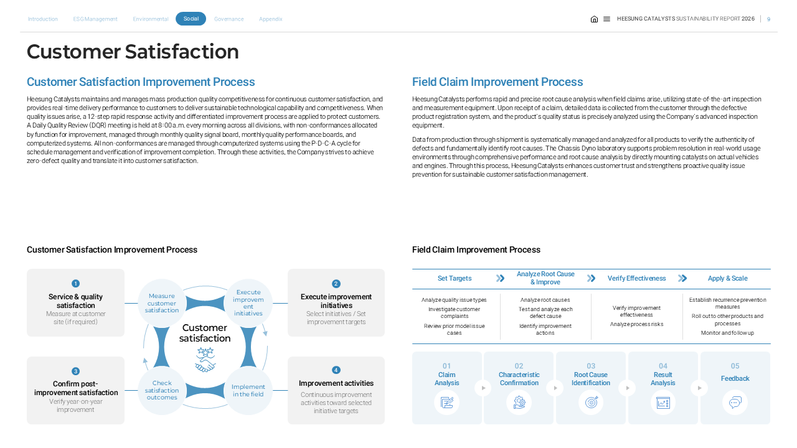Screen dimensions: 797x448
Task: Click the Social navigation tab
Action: click(191, 19)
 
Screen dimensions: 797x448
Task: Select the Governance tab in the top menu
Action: click(229, 19)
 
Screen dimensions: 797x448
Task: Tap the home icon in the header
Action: click(594, 19)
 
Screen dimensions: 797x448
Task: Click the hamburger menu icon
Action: click(606, 19)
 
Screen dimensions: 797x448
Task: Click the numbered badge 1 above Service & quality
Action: click(75, 283)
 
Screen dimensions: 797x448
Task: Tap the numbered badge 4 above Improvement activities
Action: click(336, 370)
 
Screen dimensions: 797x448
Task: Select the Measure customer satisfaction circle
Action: click(161, 303)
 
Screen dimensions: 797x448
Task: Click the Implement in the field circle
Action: click(248, 390)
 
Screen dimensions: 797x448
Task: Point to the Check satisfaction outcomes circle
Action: click(162, 390)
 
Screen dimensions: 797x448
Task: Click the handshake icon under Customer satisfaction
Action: click(205, 360)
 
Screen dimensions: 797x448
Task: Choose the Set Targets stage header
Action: click(455, 278)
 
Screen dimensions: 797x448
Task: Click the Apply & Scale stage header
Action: click(728, 278)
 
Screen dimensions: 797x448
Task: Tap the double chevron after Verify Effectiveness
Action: click(682, 278)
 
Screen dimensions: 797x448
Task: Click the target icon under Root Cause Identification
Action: click(591, 403)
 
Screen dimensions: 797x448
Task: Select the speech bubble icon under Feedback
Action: click(735, 403)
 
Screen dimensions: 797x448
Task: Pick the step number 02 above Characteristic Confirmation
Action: click(519, 366)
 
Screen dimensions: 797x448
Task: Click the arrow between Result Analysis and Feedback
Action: click(699, 388)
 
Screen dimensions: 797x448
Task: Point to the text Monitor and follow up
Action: click(727, 333)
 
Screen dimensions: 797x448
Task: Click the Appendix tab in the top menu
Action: click(270, 19)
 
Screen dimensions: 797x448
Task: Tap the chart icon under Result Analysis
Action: click(663, 403)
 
